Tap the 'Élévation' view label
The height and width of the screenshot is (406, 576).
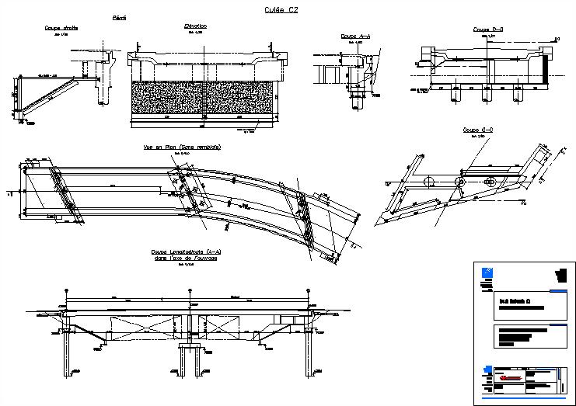click(194, 26)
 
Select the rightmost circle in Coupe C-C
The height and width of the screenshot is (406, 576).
click(490, 181)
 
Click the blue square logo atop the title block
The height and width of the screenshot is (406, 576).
click(488, 270)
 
